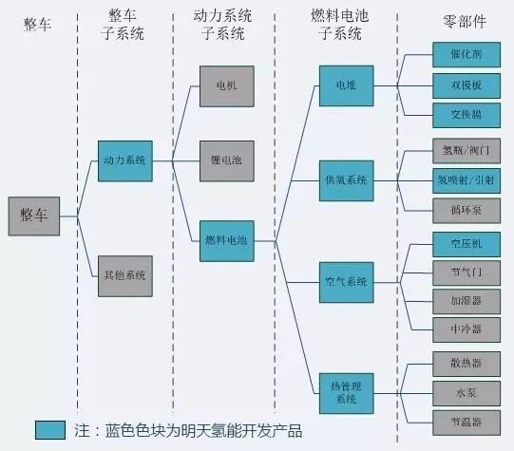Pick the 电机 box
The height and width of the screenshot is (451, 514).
[226, 85]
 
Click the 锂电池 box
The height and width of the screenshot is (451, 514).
[226, 160]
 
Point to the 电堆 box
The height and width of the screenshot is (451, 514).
[346, 85]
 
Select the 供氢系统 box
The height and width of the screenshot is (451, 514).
[346, 179]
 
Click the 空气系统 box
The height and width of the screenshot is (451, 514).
[346, 282]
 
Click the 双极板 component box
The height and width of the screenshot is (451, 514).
[460, 85]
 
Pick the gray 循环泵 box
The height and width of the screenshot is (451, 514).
[460, 205]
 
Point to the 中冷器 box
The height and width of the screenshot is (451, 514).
[460, 329]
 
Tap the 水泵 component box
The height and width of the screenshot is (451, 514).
[460, 390]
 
